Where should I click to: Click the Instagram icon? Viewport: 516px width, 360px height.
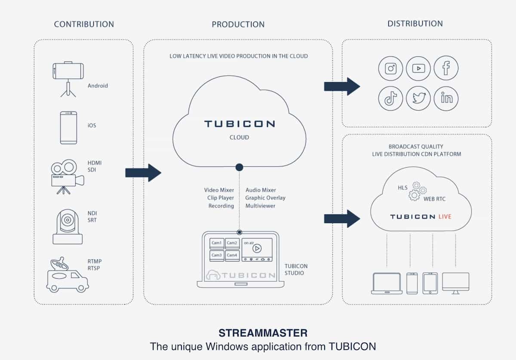[390, 68]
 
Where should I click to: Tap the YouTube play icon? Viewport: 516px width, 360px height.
[418, 68]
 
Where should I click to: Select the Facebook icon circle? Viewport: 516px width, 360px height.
[446, 68]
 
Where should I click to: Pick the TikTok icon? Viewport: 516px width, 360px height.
[390, 98]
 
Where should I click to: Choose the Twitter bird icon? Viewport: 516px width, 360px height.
[418, 98]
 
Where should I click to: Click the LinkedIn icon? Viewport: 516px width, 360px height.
[446, 98]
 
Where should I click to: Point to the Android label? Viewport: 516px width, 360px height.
[98, 86]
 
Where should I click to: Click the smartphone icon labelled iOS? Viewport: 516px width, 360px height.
[68, 128]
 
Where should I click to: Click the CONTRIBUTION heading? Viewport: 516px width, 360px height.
[84, 24]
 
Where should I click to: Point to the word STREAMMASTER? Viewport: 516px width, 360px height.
[263, 333]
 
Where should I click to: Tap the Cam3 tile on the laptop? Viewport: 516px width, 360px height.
[216, 255]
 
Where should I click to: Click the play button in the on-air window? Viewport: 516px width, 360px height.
[257, 248]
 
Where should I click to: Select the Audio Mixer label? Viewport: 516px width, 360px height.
[261, 190]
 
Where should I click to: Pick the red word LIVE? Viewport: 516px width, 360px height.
[445, 216]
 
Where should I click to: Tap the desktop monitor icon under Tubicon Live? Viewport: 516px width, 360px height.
[455, 283]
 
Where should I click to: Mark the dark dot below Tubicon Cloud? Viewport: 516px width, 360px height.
[239, 167]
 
